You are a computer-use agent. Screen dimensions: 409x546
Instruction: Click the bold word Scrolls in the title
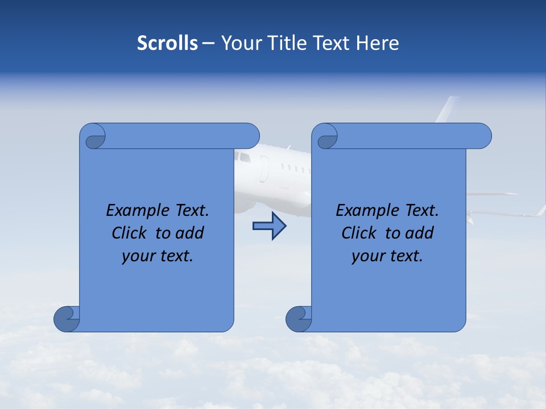168,43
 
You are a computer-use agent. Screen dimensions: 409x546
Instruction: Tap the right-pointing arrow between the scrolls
269,227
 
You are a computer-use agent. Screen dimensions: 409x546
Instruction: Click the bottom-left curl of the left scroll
67,319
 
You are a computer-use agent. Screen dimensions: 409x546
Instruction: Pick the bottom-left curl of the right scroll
299,319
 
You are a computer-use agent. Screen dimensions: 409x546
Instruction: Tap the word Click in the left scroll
129,233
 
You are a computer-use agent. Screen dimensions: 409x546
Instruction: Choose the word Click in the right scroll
358,233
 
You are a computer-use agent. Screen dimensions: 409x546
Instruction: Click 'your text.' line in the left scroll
158,256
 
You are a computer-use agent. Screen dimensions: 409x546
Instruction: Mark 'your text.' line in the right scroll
387,256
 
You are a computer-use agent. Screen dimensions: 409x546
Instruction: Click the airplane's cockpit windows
243,156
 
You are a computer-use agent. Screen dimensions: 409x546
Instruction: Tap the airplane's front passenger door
264,169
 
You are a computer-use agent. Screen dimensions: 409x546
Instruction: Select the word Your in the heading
239,43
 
